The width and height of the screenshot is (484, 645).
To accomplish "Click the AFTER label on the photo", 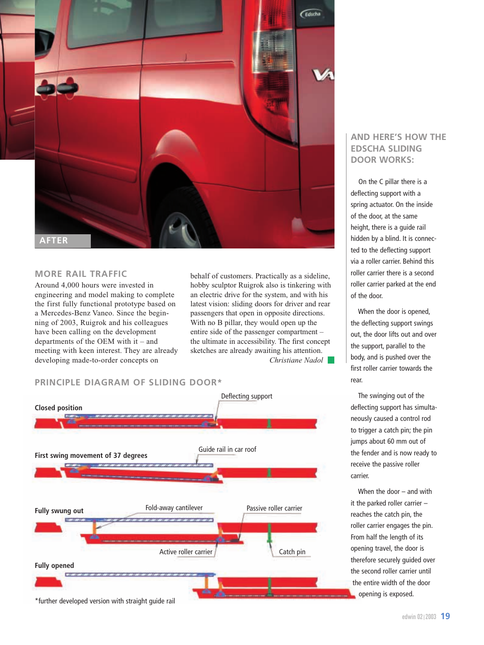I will tap(54, 240).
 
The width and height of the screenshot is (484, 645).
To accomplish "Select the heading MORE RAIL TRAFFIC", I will tap(81, 274).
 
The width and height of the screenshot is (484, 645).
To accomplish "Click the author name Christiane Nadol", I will tap(296, 360).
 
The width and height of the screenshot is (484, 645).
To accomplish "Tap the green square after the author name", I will tap(331, 360).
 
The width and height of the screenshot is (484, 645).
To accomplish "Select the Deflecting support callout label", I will tap(247, 396).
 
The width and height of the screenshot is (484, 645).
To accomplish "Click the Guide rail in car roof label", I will tap(227, 449).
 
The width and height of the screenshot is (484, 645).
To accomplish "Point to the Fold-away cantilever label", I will tap(174, 508).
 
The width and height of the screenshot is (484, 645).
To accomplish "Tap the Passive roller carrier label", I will tap(274, 508).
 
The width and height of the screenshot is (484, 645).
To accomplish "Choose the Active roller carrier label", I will tap(186, 552).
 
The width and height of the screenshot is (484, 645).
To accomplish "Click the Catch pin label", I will tap(292, 552).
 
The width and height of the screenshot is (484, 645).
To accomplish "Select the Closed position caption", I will tap(58, 408).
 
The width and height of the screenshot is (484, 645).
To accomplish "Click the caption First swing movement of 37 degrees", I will tap(91, 455).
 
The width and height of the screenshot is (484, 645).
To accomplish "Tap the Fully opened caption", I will tap(54, 565).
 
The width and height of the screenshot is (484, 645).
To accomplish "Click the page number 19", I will tap(445, 616).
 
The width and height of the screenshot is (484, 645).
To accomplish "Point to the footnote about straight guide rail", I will tap(105, 601).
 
